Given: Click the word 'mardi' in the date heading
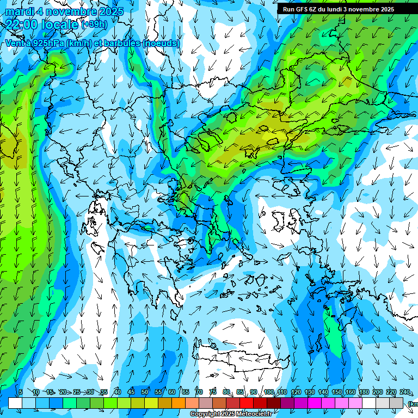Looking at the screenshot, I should [18, 11].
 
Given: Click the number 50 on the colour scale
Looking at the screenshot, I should [145, 392].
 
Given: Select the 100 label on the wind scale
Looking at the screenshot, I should [268, 392].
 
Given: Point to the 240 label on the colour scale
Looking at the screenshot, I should [404, 392].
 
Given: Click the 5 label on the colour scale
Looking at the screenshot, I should [21, 392].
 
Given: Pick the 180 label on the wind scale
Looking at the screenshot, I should [363, 392].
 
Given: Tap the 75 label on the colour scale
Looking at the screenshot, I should [213, 392].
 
